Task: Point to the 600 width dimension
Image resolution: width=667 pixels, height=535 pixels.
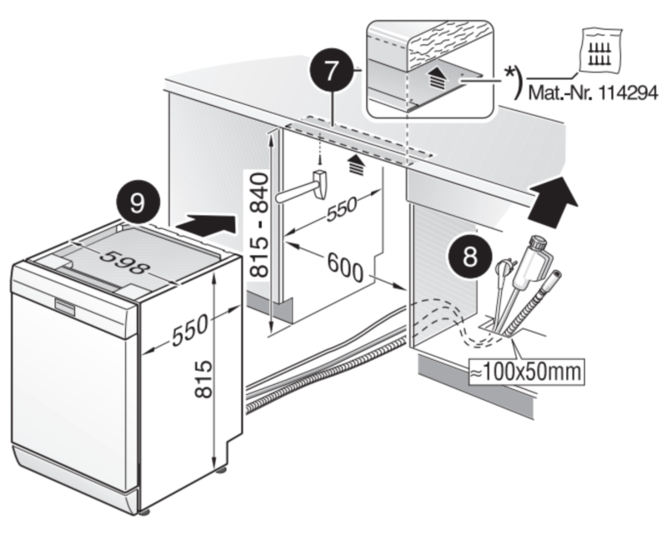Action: coord(341,266)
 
